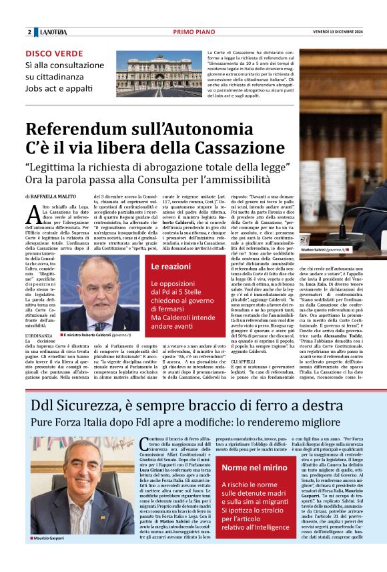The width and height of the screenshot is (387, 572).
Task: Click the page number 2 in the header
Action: pos(29,32)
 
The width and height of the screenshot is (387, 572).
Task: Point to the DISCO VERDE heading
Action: pos(55,53)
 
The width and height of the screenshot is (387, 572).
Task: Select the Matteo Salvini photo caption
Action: pos(323,249)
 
